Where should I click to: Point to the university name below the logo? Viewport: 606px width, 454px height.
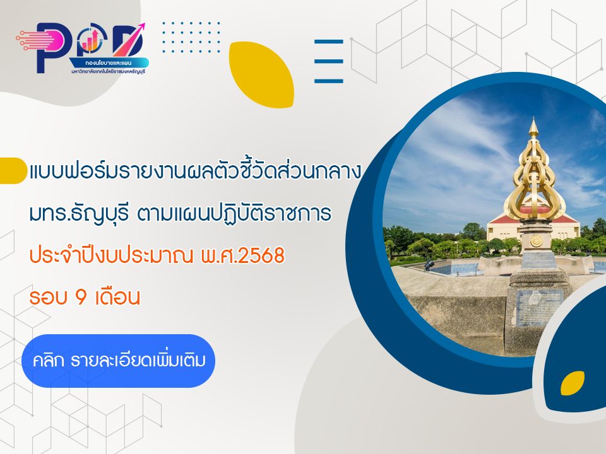click(x=108, y=72)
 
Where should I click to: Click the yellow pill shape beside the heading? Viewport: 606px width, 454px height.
click(x=13, y=170)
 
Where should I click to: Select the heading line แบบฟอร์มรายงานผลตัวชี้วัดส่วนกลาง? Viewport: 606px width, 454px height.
click(x=194, y=172)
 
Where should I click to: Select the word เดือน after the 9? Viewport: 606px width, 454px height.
click(x=116, y=296)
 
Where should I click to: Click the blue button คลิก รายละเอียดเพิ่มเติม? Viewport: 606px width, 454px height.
click(x=119, y=361)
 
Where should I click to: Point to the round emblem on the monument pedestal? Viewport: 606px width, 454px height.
click(x=536, y=241)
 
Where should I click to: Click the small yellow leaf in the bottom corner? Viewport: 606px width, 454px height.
click(x=572, y=383)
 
